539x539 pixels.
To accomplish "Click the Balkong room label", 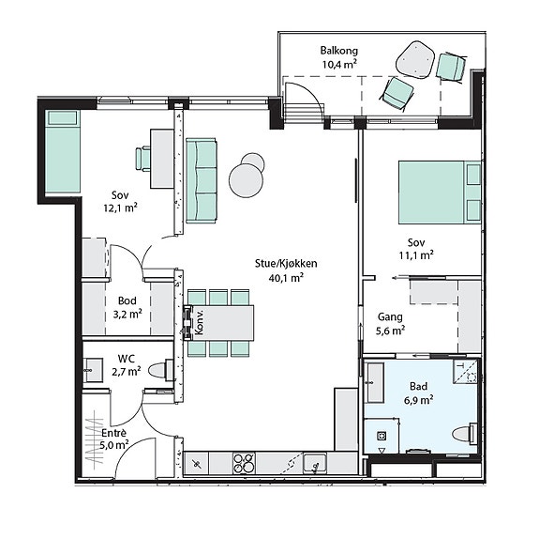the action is pos(339,51).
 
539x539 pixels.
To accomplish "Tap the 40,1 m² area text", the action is pos(286,278).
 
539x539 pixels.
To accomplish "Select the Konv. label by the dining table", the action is pos(199,322).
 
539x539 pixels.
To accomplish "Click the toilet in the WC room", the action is pos(161,370).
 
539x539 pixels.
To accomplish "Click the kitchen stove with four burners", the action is pos(244,463).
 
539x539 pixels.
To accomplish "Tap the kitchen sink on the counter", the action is pos(315,463).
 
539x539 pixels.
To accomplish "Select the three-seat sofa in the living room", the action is pos(202,181).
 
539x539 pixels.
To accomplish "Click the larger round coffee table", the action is pos(246,180).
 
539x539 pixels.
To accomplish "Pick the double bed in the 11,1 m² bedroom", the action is pos(440,192).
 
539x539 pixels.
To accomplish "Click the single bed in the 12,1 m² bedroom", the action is pos(62,151).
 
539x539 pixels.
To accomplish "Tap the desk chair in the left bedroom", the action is pos(143,159).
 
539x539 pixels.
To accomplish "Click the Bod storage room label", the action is pos(127,300).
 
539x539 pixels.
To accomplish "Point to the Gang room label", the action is pos(390,316).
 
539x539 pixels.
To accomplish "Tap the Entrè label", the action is pos(113,433).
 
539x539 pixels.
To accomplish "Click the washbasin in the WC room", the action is pos(93,370).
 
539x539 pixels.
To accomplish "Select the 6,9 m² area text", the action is pos(418,400).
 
